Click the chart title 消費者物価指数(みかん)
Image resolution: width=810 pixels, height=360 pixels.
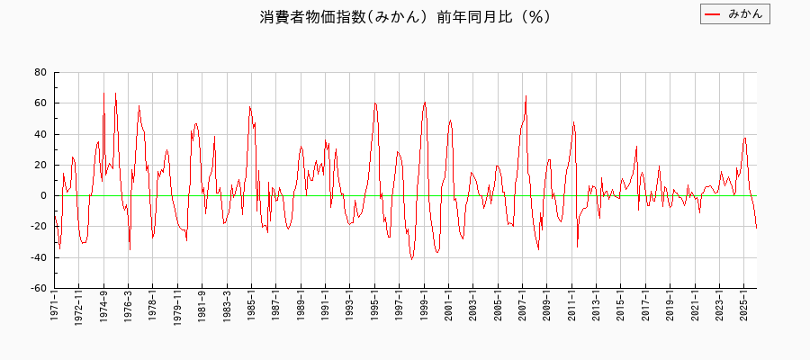click(405, 17)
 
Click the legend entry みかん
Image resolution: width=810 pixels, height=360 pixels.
click(745, 14)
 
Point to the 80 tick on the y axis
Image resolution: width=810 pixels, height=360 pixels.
click(40, 72)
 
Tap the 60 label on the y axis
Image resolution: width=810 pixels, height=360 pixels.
click(40, 103)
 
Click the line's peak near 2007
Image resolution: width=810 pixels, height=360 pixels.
click(526, 95)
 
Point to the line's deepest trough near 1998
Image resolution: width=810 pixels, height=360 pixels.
click(412, 259)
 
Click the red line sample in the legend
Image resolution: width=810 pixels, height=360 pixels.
click(713, 14)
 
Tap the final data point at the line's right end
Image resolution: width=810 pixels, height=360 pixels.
click(756, 228)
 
